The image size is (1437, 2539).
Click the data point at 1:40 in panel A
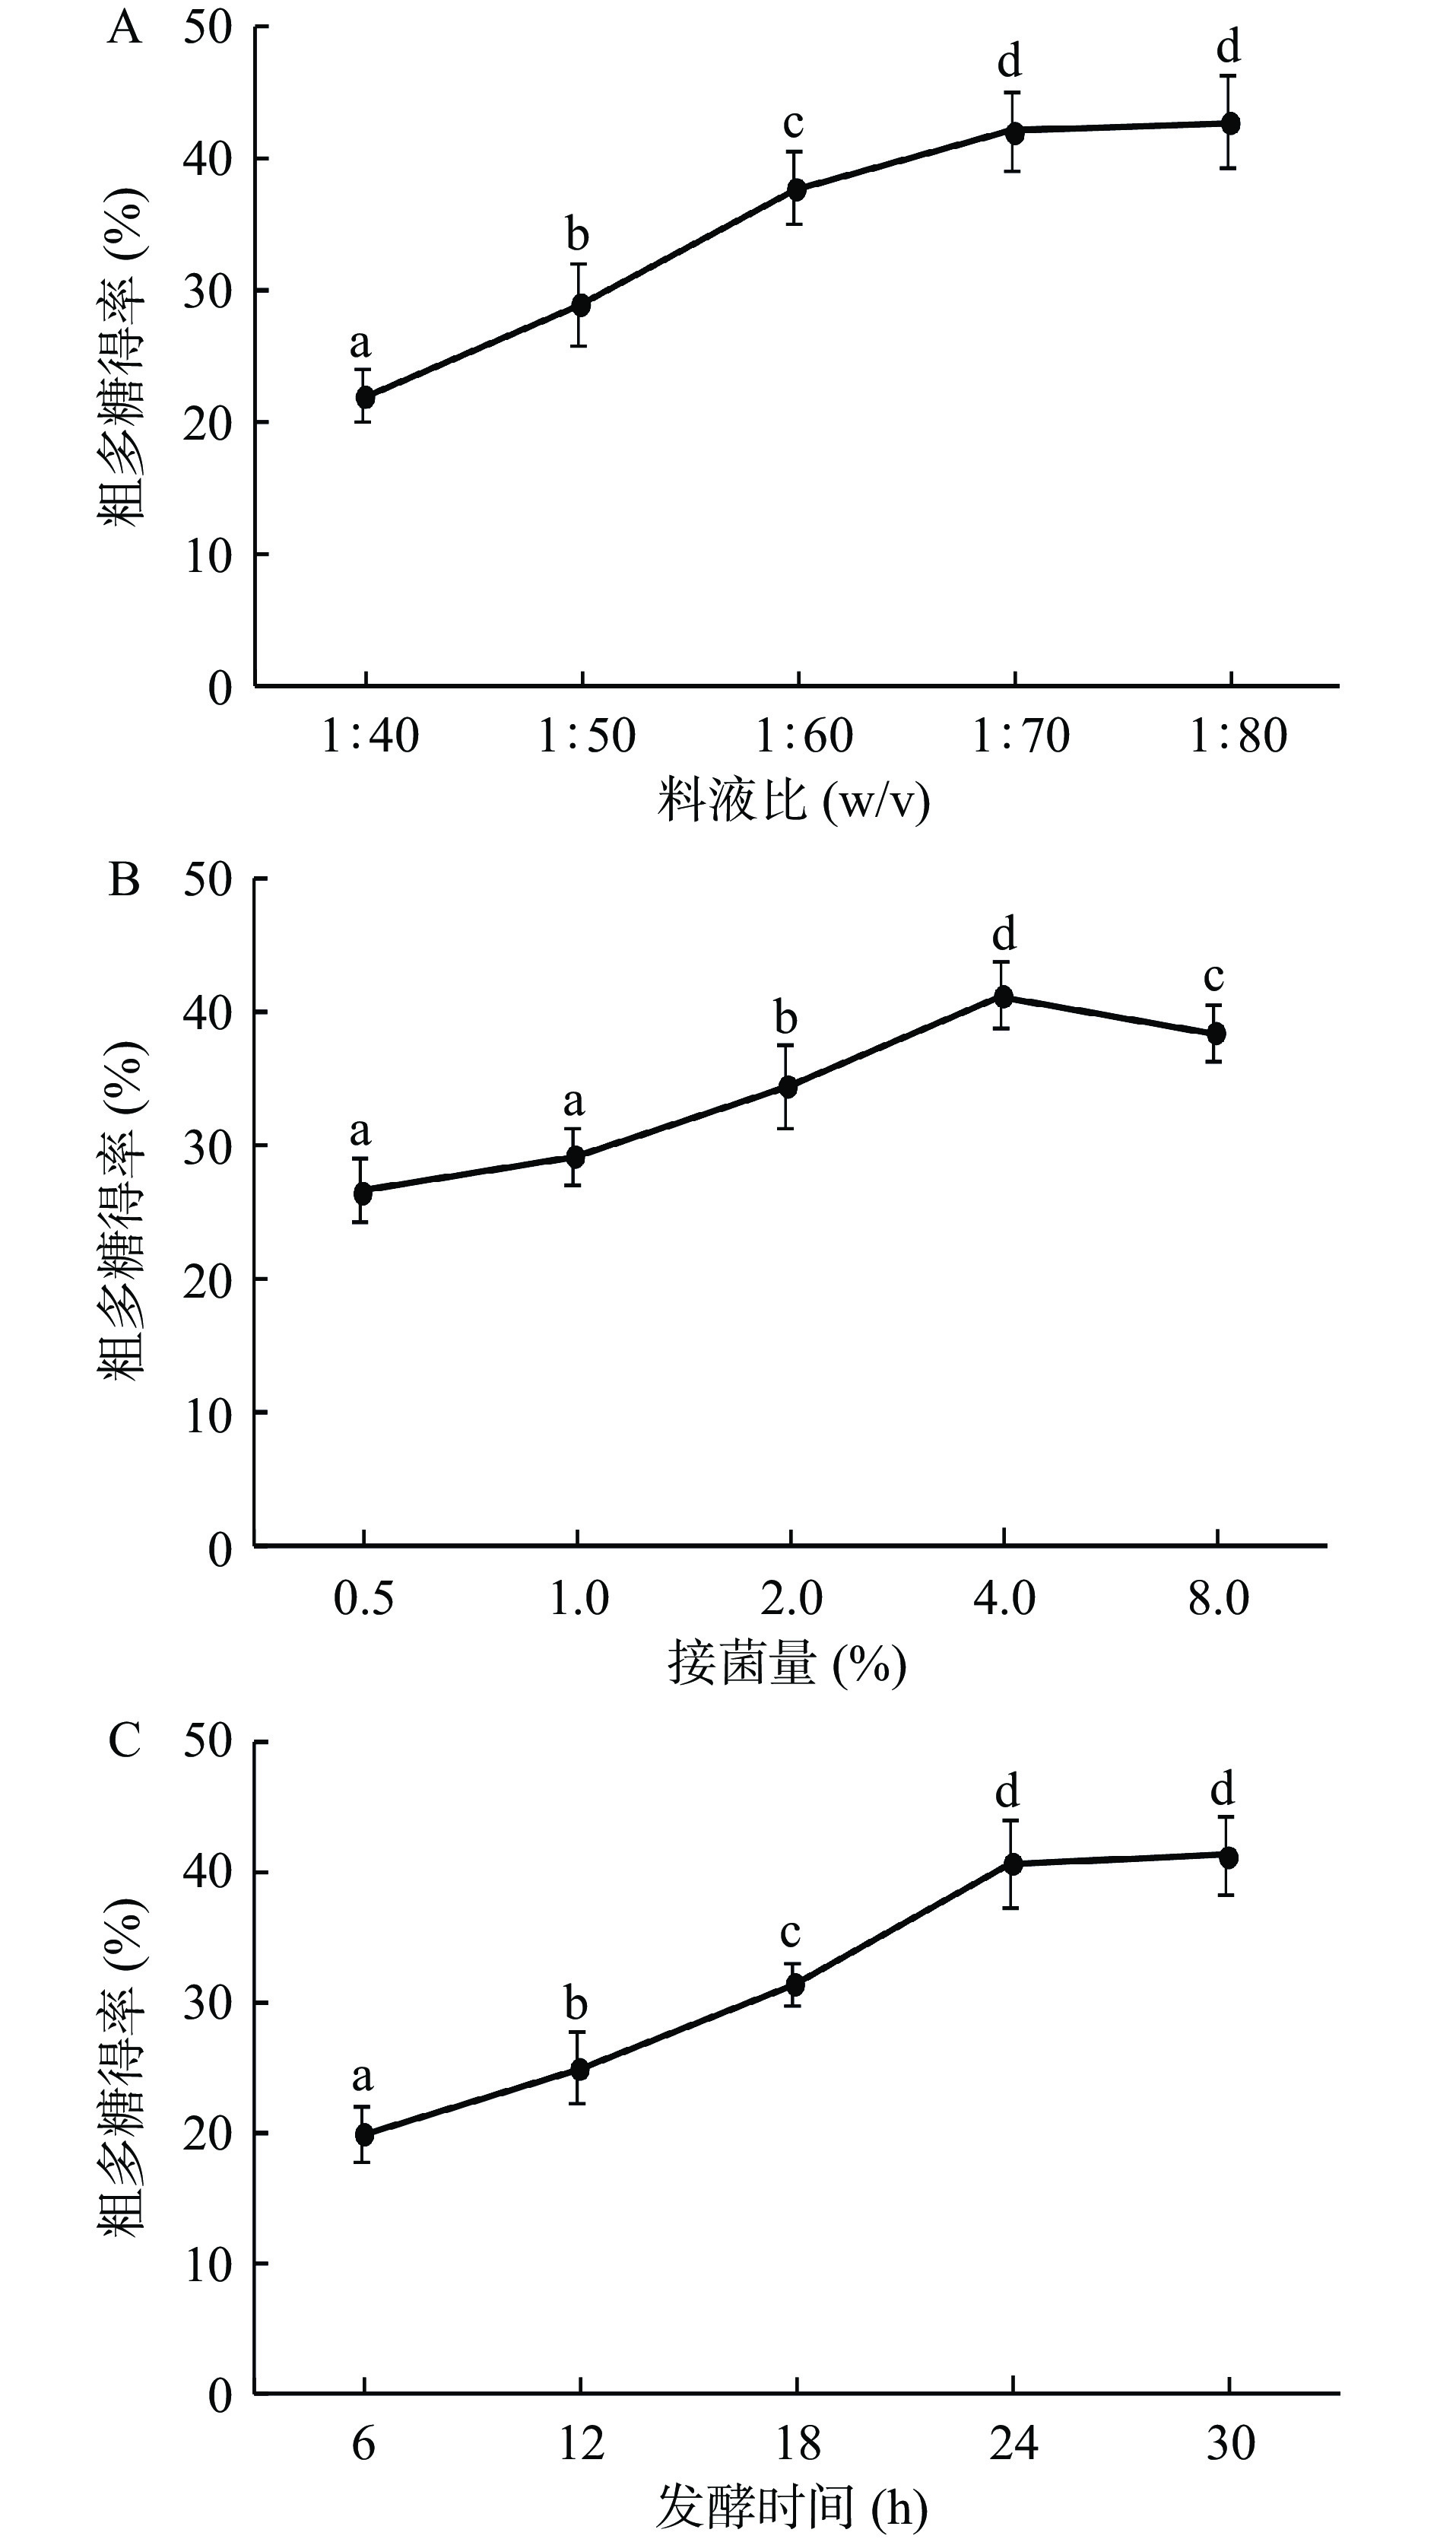pyautogui.click(x=365, y=397)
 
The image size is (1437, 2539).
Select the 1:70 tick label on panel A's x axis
pyautogui.click(x=1020, y=736)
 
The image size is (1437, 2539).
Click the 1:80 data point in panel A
pyautogui.click(x=1229, y=123)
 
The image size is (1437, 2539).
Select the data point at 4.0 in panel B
pyautogui.click(x=1004, y=996)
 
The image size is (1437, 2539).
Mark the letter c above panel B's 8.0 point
pyautogui.click(x=1214, y=977)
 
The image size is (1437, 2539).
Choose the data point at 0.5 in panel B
pyautogui.click(x=362, y=1191)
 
